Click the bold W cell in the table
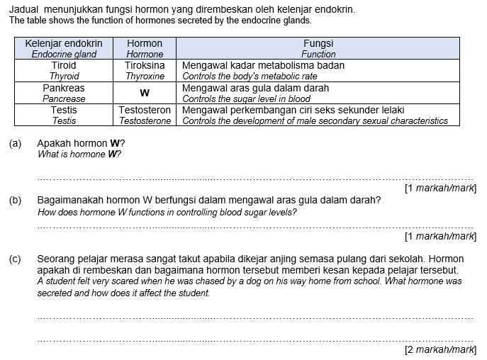[145, 94]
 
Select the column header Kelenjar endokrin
[64, 43]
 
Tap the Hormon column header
[145, 43]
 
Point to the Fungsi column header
[318, 43]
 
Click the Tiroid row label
[64, 65]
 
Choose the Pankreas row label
[64, 88]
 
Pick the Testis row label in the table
[64, 111]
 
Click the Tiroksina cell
[145, 65]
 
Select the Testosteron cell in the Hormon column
[145, 111]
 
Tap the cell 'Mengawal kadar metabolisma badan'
[263, 65]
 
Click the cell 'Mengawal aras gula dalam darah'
[255, 88]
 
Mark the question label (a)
[16, 143]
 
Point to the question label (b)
[16, 201]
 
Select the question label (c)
[16, 259]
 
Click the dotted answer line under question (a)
[255, 179]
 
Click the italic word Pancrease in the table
[64, 99]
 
